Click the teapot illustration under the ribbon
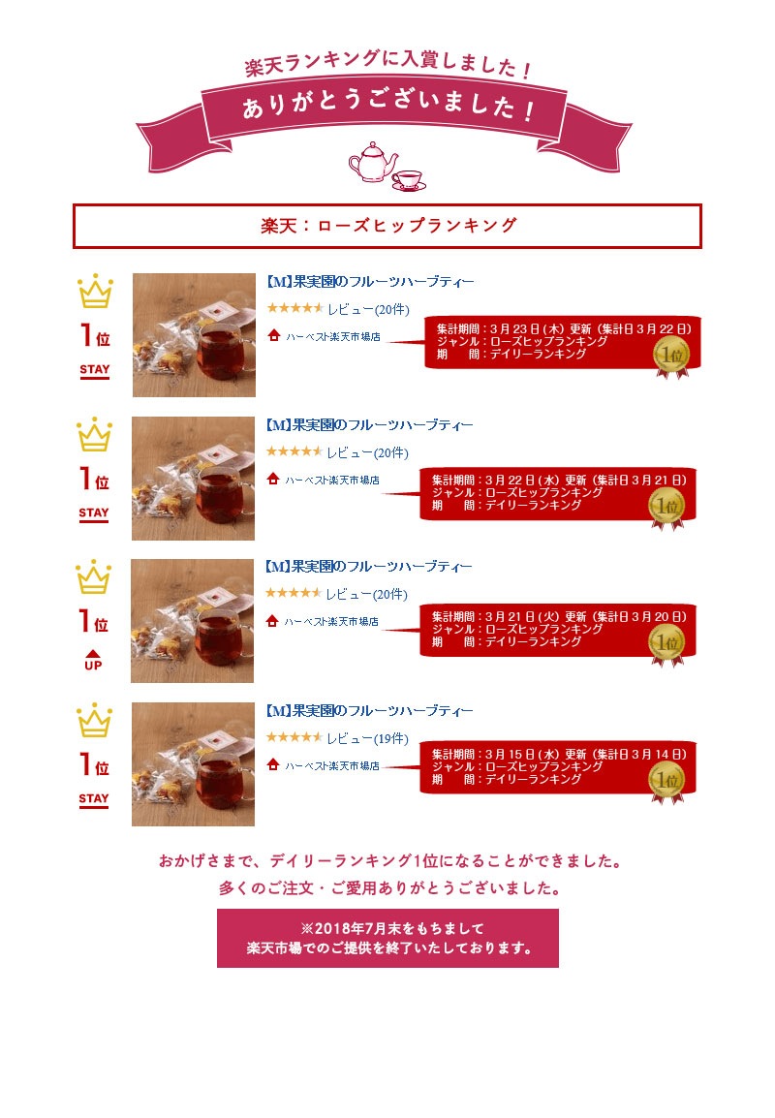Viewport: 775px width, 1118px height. point(372,161)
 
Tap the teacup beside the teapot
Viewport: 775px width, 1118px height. point(409,180)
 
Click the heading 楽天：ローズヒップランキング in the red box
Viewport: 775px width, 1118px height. point(388,226)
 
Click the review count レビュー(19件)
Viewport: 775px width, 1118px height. point(368,738)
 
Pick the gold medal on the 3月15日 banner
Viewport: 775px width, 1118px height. point(667,782)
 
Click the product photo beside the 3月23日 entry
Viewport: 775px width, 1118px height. point(194,335)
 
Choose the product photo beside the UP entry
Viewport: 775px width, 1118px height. point(193,621)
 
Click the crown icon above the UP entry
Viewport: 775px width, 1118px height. point(94,577)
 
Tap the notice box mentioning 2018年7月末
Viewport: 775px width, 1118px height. point(387,939)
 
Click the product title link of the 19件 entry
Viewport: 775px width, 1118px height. point(369,711)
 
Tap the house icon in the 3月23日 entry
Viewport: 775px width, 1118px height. point(274,335)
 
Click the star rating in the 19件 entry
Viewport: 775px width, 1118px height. point(294,737)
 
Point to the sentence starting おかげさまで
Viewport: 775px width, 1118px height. point(390,861)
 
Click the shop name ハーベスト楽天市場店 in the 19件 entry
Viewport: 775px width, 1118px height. point(332,765)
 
